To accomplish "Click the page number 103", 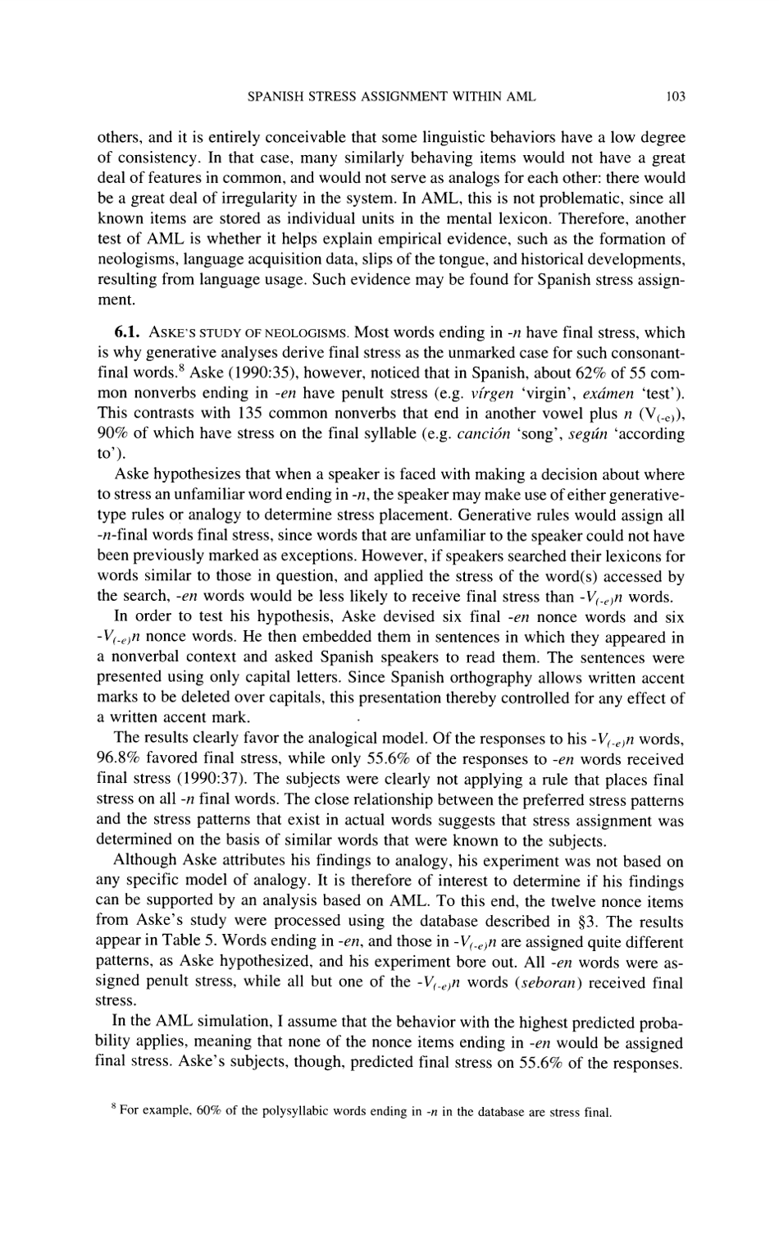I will point(675,97).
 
